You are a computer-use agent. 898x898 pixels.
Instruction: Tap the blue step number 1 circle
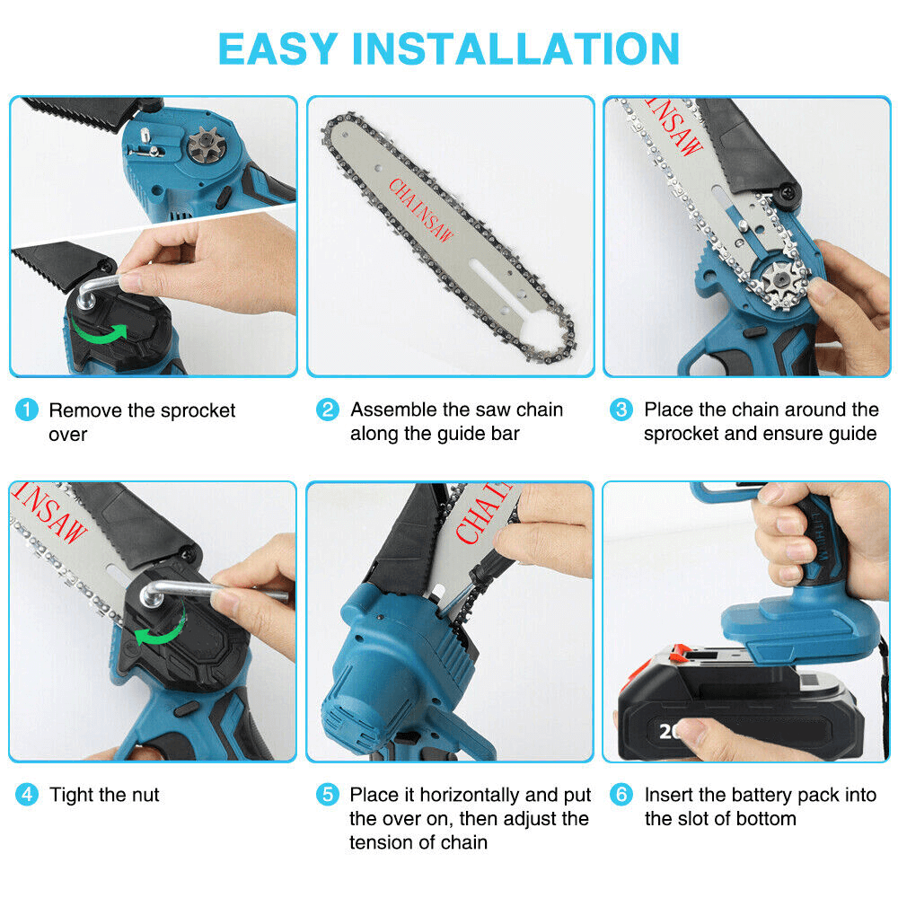tap(27, 411)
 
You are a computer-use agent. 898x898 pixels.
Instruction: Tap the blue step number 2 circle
tap(328, 410)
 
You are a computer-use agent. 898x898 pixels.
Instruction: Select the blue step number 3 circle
tap(621, 410)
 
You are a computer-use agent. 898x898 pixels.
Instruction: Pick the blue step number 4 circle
tap(27, 795)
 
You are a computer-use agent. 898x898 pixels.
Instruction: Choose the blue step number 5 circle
tap(328, 795)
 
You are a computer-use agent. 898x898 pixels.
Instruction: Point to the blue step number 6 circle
tap(621, 795)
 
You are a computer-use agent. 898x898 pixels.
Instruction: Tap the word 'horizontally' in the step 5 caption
tap(464, 795)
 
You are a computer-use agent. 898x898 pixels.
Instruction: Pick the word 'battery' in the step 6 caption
tap(764, 795)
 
